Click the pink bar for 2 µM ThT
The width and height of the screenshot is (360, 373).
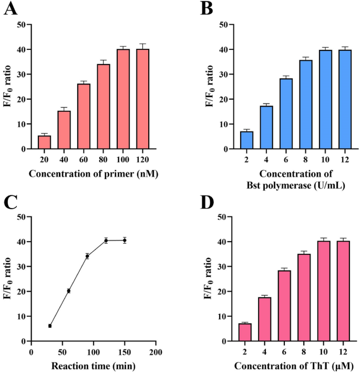pos(245,332)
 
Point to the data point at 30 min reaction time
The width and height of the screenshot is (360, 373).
pos(50,326)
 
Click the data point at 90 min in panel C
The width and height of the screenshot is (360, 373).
pos(87,256)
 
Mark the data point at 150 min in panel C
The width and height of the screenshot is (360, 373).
pos(125,240)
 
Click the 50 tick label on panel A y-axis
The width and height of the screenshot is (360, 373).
pos(21,25)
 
